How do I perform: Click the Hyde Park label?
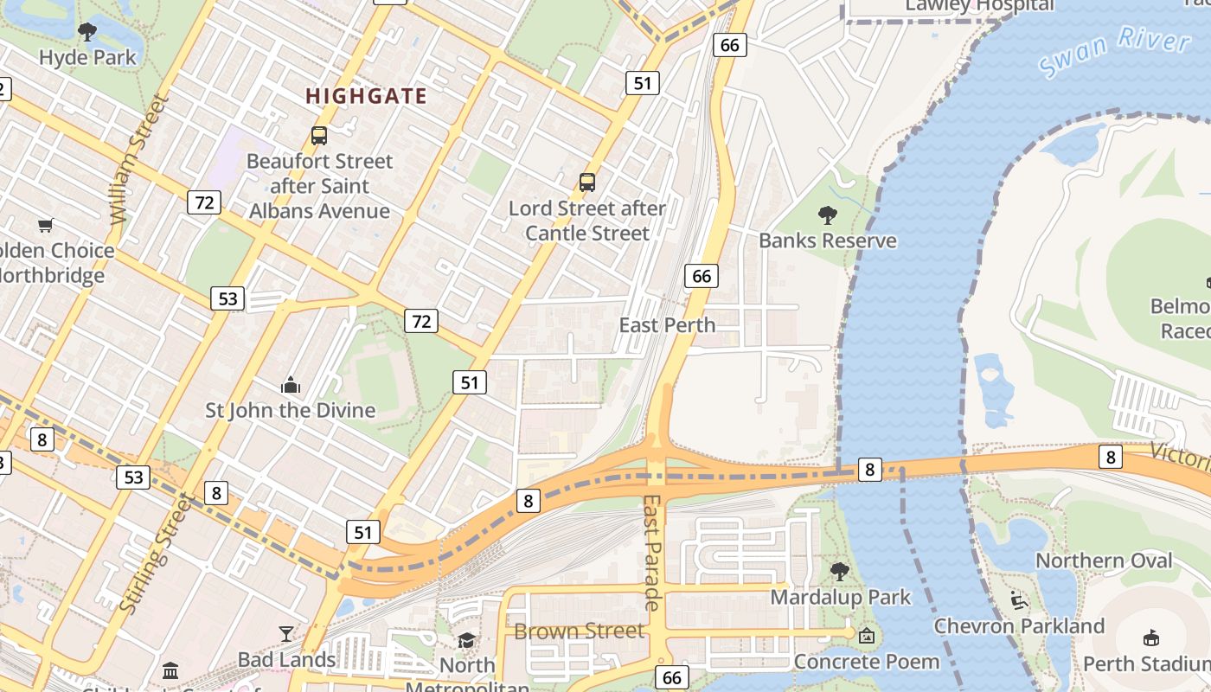[x=87, y=58]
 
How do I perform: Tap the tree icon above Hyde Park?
[x=87, y=33]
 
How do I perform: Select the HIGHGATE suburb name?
[x=367, y=96]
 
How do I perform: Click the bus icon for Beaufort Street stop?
[x=319, y=136]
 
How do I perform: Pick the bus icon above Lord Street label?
[x=587, y=183]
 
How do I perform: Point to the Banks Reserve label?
[x=828, y=240]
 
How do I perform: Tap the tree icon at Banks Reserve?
[x=828, y=215]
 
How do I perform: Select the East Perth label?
[x=667, y=325]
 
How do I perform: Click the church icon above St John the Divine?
[x=291, y=385]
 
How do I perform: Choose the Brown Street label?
[x=580, y=631]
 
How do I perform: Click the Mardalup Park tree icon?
[x=839, y=571]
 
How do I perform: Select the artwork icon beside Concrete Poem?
[x=867, y=636]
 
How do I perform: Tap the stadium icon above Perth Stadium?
[x=1151, y=638]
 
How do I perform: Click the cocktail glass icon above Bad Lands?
[x=286, y=634]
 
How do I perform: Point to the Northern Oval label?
[x=1104, y=561]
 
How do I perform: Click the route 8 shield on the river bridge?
[x=869, y=470]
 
